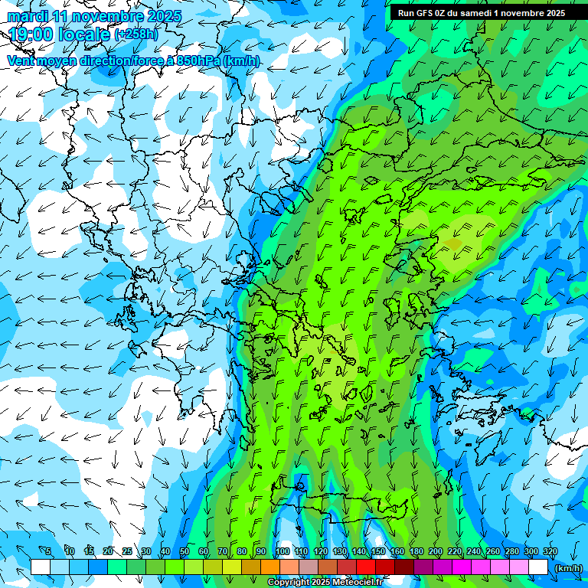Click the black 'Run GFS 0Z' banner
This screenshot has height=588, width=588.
tap(482, 13)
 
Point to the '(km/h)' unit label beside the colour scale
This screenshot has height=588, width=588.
tap(568, 568)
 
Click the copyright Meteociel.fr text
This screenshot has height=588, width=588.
tap(325, 583)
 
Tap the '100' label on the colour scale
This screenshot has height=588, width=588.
tap(283, 552)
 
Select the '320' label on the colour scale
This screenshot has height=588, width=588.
tap(550, 552)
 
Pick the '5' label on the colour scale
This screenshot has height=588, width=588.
tap(48, 552)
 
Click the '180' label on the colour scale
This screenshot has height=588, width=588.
tap(416, 552)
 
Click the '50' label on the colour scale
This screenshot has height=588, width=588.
tap(184, 552)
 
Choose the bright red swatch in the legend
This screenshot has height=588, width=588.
tap(366, 567)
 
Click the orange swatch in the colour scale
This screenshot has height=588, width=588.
tap(270, 567)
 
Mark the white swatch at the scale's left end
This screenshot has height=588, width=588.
tap(41, 567)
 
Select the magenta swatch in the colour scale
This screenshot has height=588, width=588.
tap(462, 567)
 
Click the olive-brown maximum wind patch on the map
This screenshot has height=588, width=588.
tap(453, 244)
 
